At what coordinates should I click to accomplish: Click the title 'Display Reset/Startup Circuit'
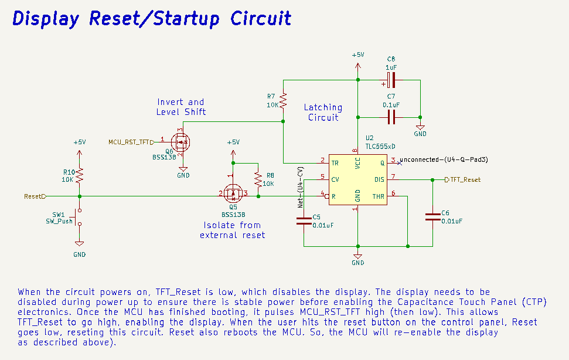152,19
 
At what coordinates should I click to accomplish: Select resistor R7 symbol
283,101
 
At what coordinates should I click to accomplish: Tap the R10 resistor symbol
80,175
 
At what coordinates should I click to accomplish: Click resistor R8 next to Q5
257,178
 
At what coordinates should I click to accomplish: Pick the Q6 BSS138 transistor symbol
180,141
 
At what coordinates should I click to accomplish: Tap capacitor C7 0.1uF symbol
391,118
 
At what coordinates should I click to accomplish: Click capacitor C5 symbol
304,220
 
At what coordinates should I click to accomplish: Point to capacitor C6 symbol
432,217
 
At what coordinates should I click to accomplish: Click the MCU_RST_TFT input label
128,142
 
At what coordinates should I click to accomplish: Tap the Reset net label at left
34,196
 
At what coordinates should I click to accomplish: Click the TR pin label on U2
335,162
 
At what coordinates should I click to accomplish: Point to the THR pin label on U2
378,196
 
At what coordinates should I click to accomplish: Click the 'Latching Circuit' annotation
323,112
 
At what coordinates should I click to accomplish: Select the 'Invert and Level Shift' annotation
180,107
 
